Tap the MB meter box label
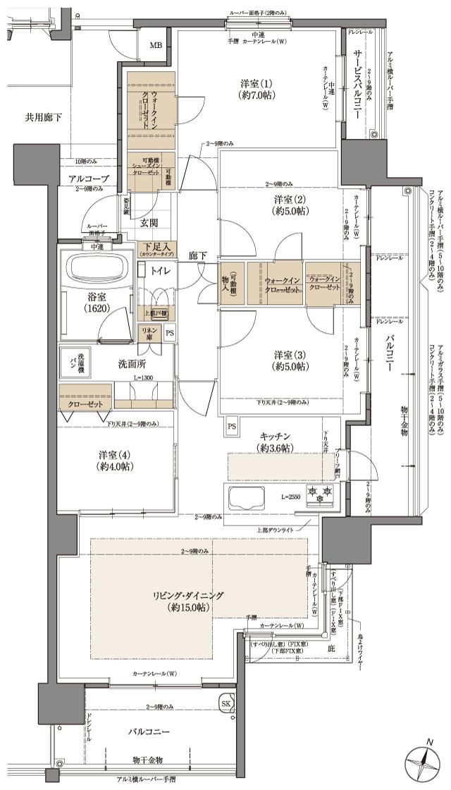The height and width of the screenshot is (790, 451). [x=154, y=47]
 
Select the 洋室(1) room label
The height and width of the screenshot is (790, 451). [x=256, y=90]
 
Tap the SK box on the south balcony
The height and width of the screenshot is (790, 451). [x=226, y=703]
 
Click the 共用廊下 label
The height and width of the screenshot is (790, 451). [x=44, y=117]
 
